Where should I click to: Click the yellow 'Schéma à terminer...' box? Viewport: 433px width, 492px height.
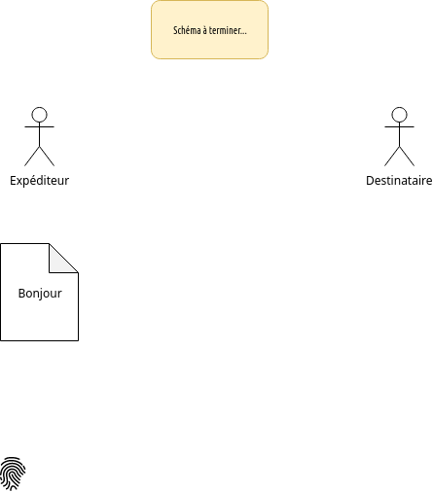pos(209,29)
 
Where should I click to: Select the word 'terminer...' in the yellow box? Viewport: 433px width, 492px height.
pos(228,30)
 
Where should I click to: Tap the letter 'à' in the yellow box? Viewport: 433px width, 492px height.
pos(205,30)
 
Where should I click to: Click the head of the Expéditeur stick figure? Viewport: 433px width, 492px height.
pos(39,115)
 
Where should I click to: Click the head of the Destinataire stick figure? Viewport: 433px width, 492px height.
pos(399,115)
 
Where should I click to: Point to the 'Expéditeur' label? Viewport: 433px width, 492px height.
pos(39,181)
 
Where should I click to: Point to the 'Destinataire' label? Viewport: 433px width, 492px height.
pos(399,181)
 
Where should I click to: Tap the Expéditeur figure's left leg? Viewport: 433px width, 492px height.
pos(32,157)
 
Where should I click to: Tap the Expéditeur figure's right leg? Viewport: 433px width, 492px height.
pos(47,157)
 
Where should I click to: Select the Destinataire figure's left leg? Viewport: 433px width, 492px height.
pos(392,157)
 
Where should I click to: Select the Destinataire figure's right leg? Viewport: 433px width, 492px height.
pos(407,157)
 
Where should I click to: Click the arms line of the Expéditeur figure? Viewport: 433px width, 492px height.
pos(39,126)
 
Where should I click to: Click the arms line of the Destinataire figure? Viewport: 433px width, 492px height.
pos(399,126)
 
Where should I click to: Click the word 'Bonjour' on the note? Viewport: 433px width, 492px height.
pos(40,294)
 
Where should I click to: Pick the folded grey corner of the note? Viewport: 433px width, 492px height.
pos(58,263)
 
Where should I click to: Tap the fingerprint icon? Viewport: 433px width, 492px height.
pos(13,474)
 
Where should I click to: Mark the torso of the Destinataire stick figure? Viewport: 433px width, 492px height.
pos(399,134)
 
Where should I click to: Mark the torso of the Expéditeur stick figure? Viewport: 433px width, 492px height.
pos(39,134)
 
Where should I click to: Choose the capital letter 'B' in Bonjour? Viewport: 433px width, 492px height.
pos(21,294)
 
